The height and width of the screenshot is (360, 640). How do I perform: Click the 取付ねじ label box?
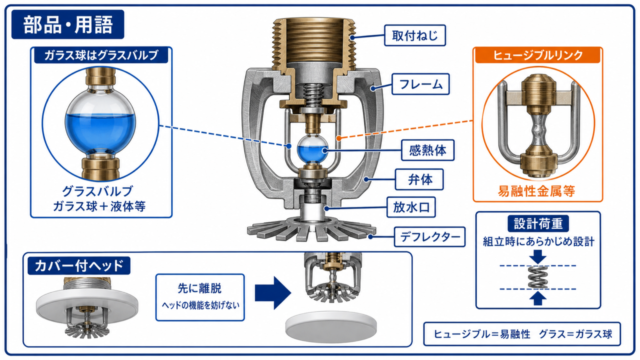coord(415,35)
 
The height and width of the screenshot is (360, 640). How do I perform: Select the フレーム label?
coord(420,84)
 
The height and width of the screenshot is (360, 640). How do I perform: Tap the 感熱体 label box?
coord(427,150)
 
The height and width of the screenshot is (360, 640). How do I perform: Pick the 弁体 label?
coord(419,179)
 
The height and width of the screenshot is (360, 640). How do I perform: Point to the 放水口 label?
coord(411,207)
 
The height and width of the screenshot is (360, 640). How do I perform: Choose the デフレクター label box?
coord(429,237)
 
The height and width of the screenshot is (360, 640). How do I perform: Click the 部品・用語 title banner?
coord(67,24)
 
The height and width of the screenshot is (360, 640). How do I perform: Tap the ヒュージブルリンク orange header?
coord(537,55)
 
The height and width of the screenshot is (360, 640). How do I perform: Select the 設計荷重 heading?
coord(538,223)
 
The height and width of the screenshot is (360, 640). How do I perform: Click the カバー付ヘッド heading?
coord(79,265)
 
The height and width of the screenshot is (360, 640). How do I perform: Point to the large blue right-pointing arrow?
coord(272,293)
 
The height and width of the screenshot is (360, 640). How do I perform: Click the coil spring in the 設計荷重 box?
coord(537,277)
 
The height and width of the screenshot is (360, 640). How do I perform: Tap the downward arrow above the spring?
coord(537,257)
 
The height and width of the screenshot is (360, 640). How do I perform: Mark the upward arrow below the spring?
coord(537,298)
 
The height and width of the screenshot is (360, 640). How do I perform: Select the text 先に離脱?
coord(199,288)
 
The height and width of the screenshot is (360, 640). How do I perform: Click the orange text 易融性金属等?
coord(536,191)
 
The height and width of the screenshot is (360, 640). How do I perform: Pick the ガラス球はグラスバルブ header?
coord(101,55)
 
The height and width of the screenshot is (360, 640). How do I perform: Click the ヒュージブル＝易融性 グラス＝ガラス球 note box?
coord(522,334)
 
